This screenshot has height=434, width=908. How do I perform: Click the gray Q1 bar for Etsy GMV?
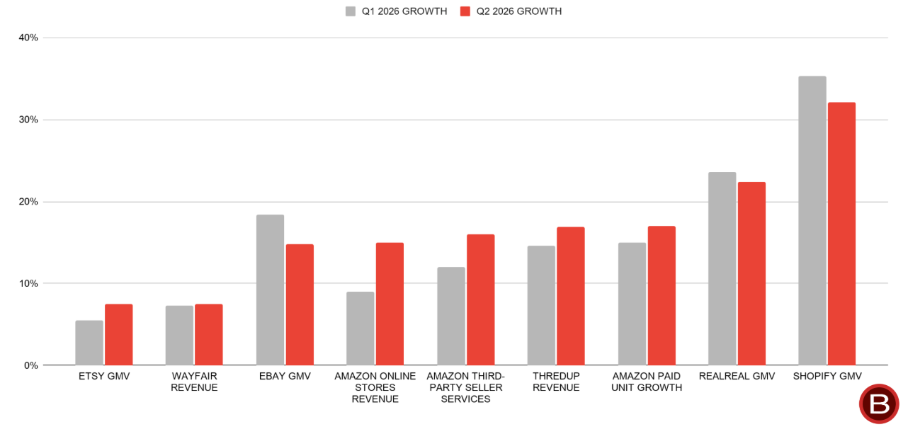89,343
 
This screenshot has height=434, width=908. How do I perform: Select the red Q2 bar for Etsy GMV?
119,335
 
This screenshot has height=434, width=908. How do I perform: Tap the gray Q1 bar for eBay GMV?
271,290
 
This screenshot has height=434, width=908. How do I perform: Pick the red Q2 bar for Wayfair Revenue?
209,335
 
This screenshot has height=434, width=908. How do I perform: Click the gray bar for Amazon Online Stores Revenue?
361,329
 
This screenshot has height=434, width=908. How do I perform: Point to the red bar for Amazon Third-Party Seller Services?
481,300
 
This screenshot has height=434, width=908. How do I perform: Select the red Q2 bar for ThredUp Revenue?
571,296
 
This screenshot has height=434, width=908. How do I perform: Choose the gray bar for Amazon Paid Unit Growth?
632,304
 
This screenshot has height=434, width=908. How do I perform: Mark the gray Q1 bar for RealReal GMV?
722,268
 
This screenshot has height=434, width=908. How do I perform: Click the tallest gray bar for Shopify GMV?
812,220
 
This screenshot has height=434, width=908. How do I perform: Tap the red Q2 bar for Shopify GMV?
842,234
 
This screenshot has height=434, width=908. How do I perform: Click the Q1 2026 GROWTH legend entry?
397,11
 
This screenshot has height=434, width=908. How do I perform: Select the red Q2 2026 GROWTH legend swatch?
465,11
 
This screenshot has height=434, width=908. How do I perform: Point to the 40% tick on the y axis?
28,38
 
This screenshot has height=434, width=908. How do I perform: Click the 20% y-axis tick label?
28,201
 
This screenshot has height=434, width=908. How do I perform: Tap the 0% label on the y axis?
30,365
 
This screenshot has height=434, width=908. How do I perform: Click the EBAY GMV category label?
285,377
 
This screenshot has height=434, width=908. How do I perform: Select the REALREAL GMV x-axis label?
737,377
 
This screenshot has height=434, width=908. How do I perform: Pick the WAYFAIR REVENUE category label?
194,382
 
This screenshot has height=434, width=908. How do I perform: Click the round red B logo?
879,404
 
